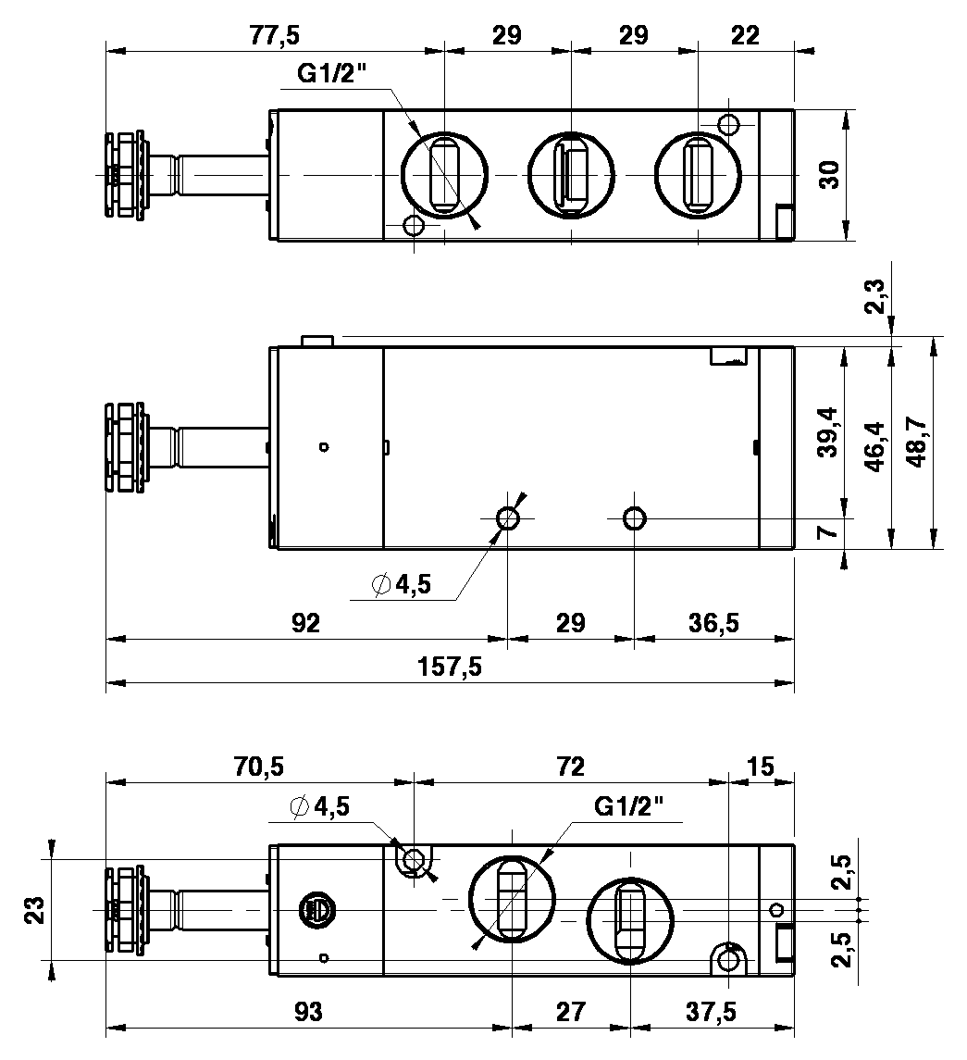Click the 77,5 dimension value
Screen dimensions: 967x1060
click(275, 34)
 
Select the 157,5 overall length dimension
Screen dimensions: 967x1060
click(450, 667)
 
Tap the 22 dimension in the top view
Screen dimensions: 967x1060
click(745, 34)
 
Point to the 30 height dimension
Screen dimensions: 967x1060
click(829, 174)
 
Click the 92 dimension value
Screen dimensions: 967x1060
click(305, 623)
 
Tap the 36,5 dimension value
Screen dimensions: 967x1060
click(713, 623)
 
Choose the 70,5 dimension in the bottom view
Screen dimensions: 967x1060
click(259, 767)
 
